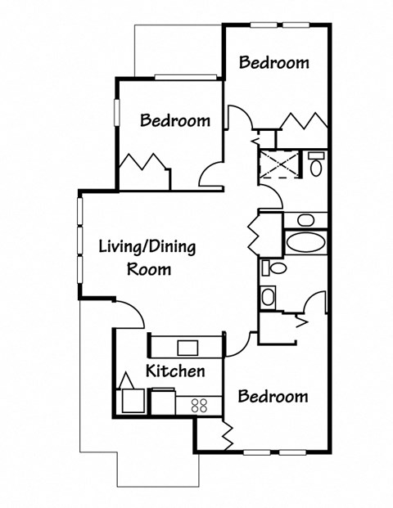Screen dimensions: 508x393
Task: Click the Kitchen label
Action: click(174, 371)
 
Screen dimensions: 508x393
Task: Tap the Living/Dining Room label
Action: click(147, 257)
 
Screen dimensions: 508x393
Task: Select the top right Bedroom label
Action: click(273, 62)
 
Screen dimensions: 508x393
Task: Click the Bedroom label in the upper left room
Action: click(174, 120)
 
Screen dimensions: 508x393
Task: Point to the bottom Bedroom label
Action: click(273, 397)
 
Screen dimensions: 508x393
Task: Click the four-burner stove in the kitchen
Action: click(199, 403)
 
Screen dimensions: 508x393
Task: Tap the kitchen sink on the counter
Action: click(187, 346)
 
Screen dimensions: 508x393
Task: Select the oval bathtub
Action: click(305, 243)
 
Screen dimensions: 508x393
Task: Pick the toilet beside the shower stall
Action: click(315, 164)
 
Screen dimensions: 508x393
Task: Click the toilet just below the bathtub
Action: click(276, 268)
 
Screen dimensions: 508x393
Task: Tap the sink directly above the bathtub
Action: click(305, 219)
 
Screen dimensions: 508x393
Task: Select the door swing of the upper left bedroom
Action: click(210, 173)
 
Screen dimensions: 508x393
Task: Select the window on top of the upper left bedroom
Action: click(184, 77)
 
